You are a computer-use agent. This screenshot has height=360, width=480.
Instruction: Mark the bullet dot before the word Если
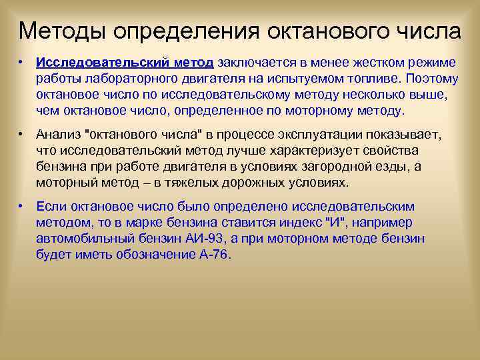pos(22,206)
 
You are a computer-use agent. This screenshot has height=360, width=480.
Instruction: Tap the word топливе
pos(355,78)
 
